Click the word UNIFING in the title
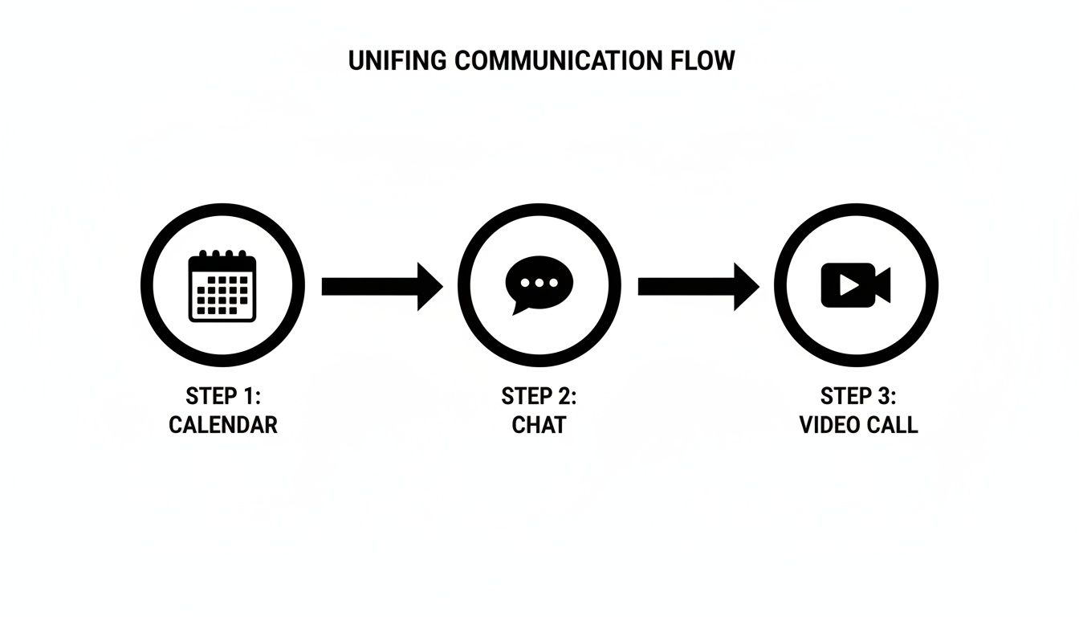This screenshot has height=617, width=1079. (397, 61)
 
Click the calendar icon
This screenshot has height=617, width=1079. (222, 286)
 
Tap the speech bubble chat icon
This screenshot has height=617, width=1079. (539, 284)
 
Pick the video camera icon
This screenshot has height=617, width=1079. (855, 284)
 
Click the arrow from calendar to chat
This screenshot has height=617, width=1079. (381, 286)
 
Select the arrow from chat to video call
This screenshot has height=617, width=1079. (698, 286)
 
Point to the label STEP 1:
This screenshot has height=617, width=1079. (223, 396)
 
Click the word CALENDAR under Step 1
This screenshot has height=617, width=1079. (223, 425)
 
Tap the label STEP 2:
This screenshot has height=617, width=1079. (539, 396)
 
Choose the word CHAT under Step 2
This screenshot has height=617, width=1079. (539, 425)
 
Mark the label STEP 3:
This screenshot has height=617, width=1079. (858, 396)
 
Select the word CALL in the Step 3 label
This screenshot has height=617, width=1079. (894, 425)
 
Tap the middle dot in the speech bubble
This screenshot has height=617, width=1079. (539, 283)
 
